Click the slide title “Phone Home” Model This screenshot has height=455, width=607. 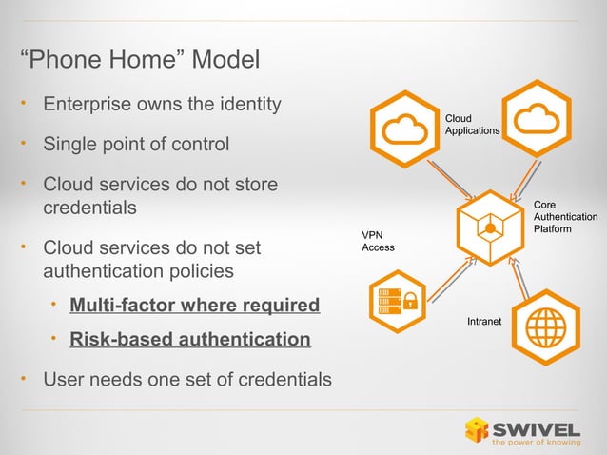[x=140, y=62]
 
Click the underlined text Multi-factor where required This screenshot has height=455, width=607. [x=195, y=306]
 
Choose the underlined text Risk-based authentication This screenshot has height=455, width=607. [x=190, y=339]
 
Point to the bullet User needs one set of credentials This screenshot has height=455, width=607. [x=187, y=381]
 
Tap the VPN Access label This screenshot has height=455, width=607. [x=378, y=241]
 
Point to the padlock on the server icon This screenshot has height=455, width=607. [x=411, y=305]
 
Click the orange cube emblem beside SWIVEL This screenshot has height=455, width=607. [x=476, y=429]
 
